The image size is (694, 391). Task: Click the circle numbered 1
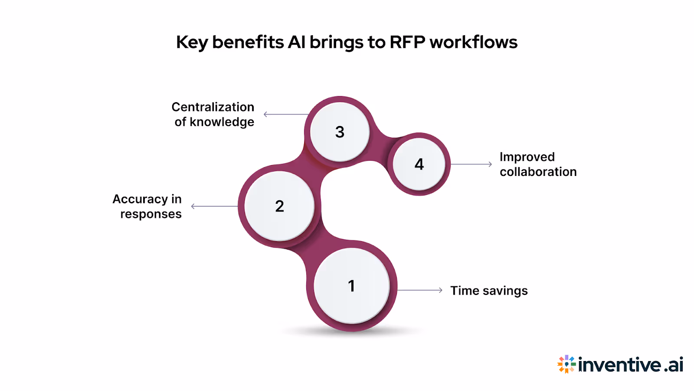[351, 286]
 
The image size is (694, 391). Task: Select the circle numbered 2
[279, 206]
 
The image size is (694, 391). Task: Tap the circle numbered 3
[340, 132]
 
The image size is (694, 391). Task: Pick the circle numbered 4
[419, 164]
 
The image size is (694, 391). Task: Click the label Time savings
[489, 291]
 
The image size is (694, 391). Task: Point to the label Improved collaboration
[538, 164]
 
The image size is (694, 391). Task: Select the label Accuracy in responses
[147, 206]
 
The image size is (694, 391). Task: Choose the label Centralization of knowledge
[213, 114]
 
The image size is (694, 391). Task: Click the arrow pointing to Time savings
[419, 290]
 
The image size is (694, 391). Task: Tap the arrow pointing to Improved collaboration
[471, 164]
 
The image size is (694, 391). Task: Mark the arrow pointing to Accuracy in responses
[214, 206]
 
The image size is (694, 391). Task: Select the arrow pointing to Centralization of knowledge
[286, 114]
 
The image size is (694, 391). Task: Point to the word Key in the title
[192, 43]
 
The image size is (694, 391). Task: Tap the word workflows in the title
[473, 42]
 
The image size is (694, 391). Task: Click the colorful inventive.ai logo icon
[566, 364]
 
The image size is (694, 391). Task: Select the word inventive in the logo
[620, 364]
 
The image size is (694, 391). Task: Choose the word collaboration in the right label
[538, 172]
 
